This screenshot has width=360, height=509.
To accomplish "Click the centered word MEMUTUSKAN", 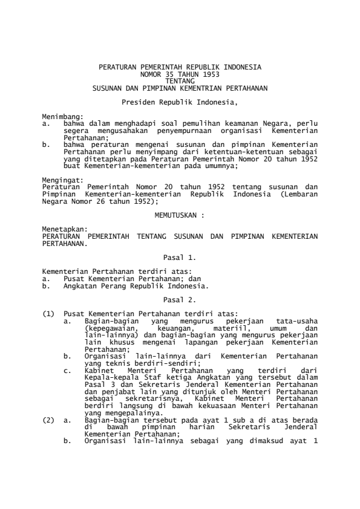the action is coord(177,214).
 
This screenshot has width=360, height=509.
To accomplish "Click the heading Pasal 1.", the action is coord(180,256).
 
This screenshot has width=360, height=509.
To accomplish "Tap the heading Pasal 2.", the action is coord(180,299).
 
